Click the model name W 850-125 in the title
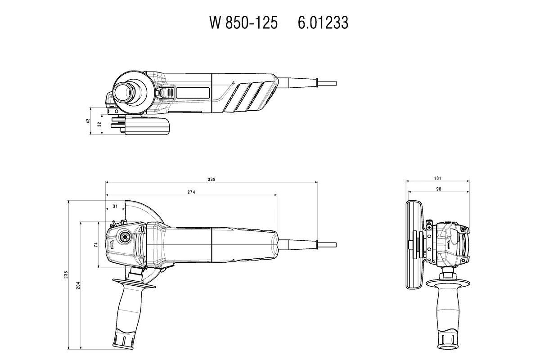point(243,22)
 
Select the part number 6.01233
point(323,22)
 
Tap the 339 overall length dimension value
point(211,180)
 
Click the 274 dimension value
point(191,192)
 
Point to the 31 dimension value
point(115,206)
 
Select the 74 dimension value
point(96,245)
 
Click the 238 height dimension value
point(66,275)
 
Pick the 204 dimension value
point(77,285)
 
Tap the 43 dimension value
point(88,121)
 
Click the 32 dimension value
point(99,124)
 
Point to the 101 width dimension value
point(437,179)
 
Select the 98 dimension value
point(439,189)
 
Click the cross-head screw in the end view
point(429,227)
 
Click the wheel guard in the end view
point(414,244)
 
